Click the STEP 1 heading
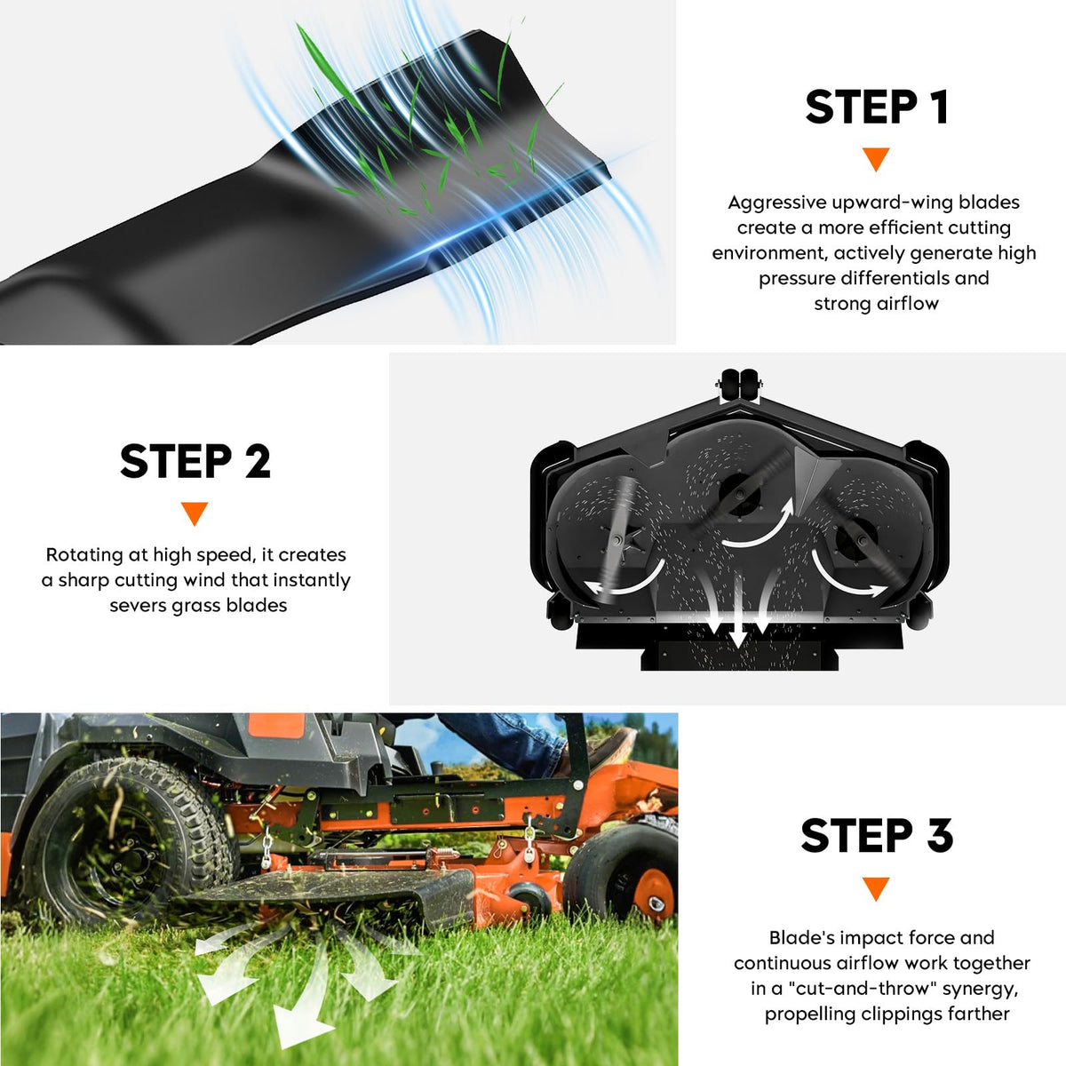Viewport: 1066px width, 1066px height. click(877, 107)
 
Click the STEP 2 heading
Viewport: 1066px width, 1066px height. click(195, 461)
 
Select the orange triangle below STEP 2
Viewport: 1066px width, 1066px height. click(195, 513)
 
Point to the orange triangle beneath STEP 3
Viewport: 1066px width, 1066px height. click(876, 888)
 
